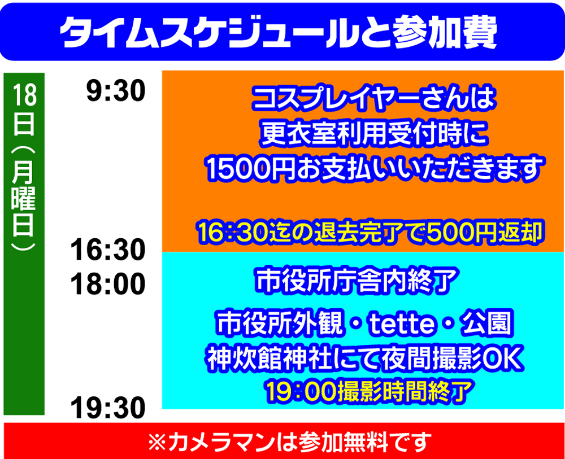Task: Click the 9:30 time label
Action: tap(116, 90)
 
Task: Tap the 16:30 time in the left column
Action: tap(108, 250)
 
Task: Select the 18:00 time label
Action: tap(108, 284)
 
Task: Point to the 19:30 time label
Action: tap(108, 408)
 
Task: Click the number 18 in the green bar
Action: tap(24, 95)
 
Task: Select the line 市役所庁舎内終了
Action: tap(356, 281)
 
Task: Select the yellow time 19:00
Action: tap(301, 391)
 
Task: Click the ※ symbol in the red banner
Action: tap(157, 442)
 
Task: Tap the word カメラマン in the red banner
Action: tap(221, 442)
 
